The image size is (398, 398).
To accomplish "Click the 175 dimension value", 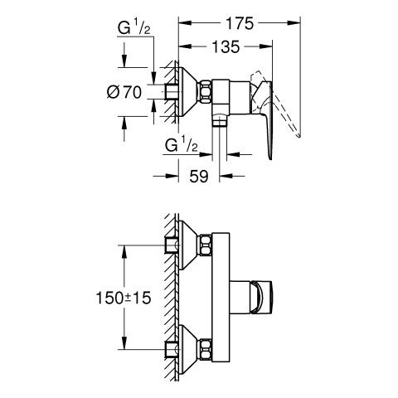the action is click(240, 23).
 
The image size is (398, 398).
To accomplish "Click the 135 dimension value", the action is click(226, 46).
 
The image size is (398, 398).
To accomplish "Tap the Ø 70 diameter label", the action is click(124, 92).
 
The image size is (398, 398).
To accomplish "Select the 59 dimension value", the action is click(198, 176).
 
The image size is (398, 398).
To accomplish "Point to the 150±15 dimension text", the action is click(124, 298).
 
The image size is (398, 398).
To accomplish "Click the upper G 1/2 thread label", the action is click(134, 27).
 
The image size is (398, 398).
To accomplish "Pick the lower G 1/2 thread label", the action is click(182, 144).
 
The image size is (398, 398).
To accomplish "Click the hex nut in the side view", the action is click(206, 92).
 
